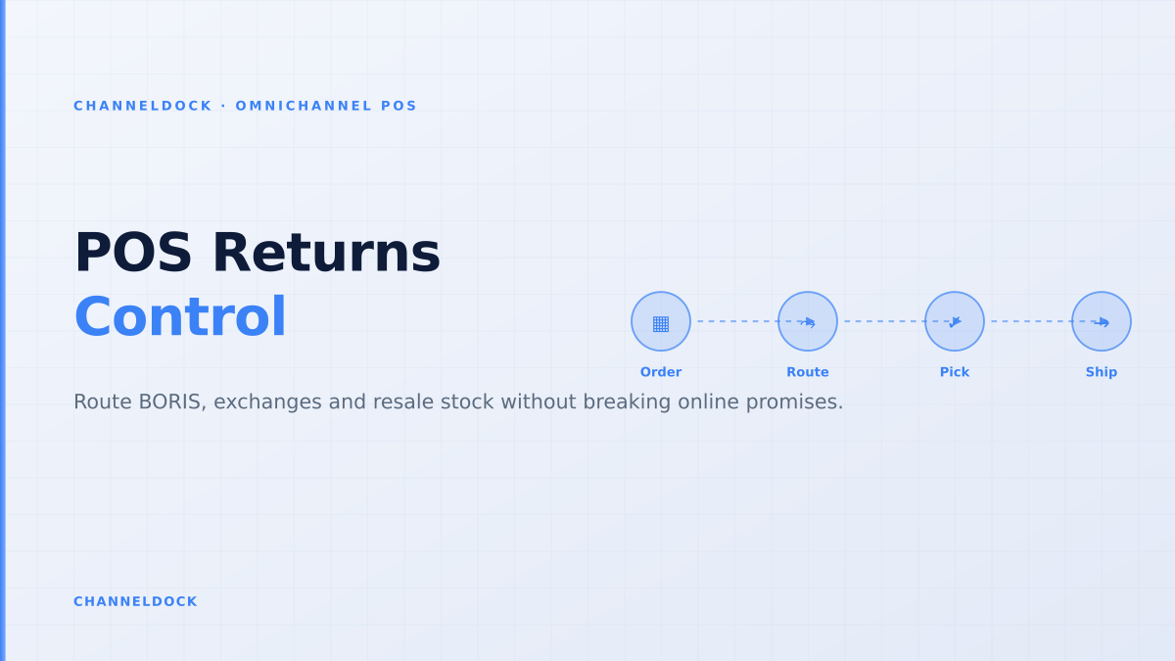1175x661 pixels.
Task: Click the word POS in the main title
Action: pos(133,253)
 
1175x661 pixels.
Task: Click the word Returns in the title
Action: pos(326,253)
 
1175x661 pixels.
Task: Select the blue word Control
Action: pos(180,317)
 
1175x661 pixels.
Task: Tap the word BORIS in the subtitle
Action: pos(172,401)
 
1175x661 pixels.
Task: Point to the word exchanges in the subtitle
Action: pos(266,401)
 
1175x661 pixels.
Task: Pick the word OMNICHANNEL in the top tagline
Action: pos(304,106)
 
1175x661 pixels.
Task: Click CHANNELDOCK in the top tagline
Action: pos(143,106)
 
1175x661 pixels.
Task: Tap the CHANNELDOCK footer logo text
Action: pos(135,601)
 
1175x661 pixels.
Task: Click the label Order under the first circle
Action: pos(661,372)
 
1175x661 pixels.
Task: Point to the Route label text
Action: pos(808,372)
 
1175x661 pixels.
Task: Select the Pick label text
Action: pos(955,372)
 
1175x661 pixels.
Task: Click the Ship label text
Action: pos(1102,372)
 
